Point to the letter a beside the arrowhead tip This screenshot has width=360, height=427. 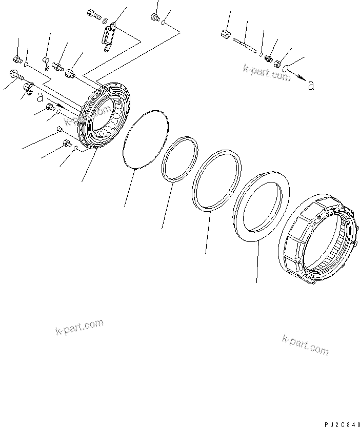[311, 85]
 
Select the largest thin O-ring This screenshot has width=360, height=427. [146, 138]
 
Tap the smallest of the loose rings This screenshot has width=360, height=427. [179, 159]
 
